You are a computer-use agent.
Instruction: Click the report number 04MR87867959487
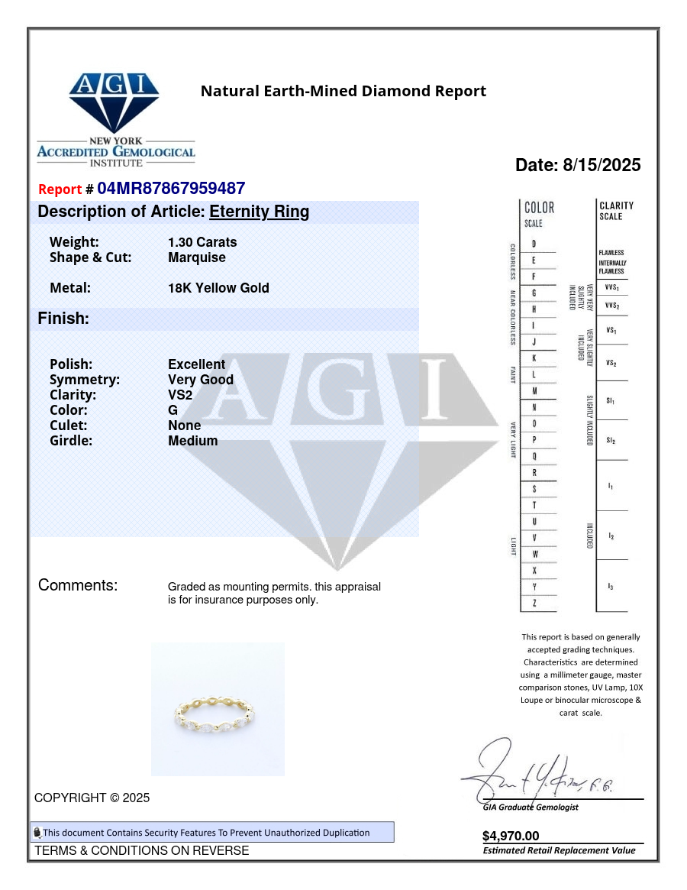[170, 189]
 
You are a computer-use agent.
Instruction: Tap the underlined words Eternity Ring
[259, 212]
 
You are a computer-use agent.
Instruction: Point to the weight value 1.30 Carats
[202, 242]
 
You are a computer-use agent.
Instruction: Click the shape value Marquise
[197, 257]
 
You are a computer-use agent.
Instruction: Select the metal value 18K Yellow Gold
[218, 288]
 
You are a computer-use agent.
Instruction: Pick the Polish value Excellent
[196, 364]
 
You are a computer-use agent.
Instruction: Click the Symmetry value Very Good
[201, 380]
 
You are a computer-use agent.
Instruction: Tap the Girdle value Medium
[192, 441]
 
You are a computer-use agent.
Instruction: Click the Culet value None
[185, 426]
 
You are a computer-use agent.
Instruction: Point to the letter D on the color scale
[534, 244]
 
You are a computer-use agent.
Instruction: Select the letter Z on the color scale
[534, 604]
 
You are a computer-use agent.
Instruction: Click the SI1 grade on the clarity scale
[611, 400]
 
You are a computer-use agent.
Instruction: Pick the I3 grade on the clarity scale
[611, 586]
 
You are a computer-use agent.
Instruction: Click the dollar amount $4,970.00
[511, 836]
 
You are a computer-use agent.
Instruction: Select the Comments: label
[78, 586]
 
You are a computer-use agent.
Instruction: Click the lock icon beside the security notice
[37, 833]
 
